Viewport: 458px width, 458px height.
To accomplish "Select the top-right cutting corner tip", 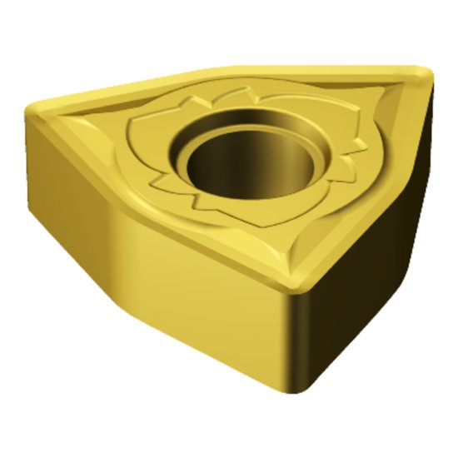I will [423, 77].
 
